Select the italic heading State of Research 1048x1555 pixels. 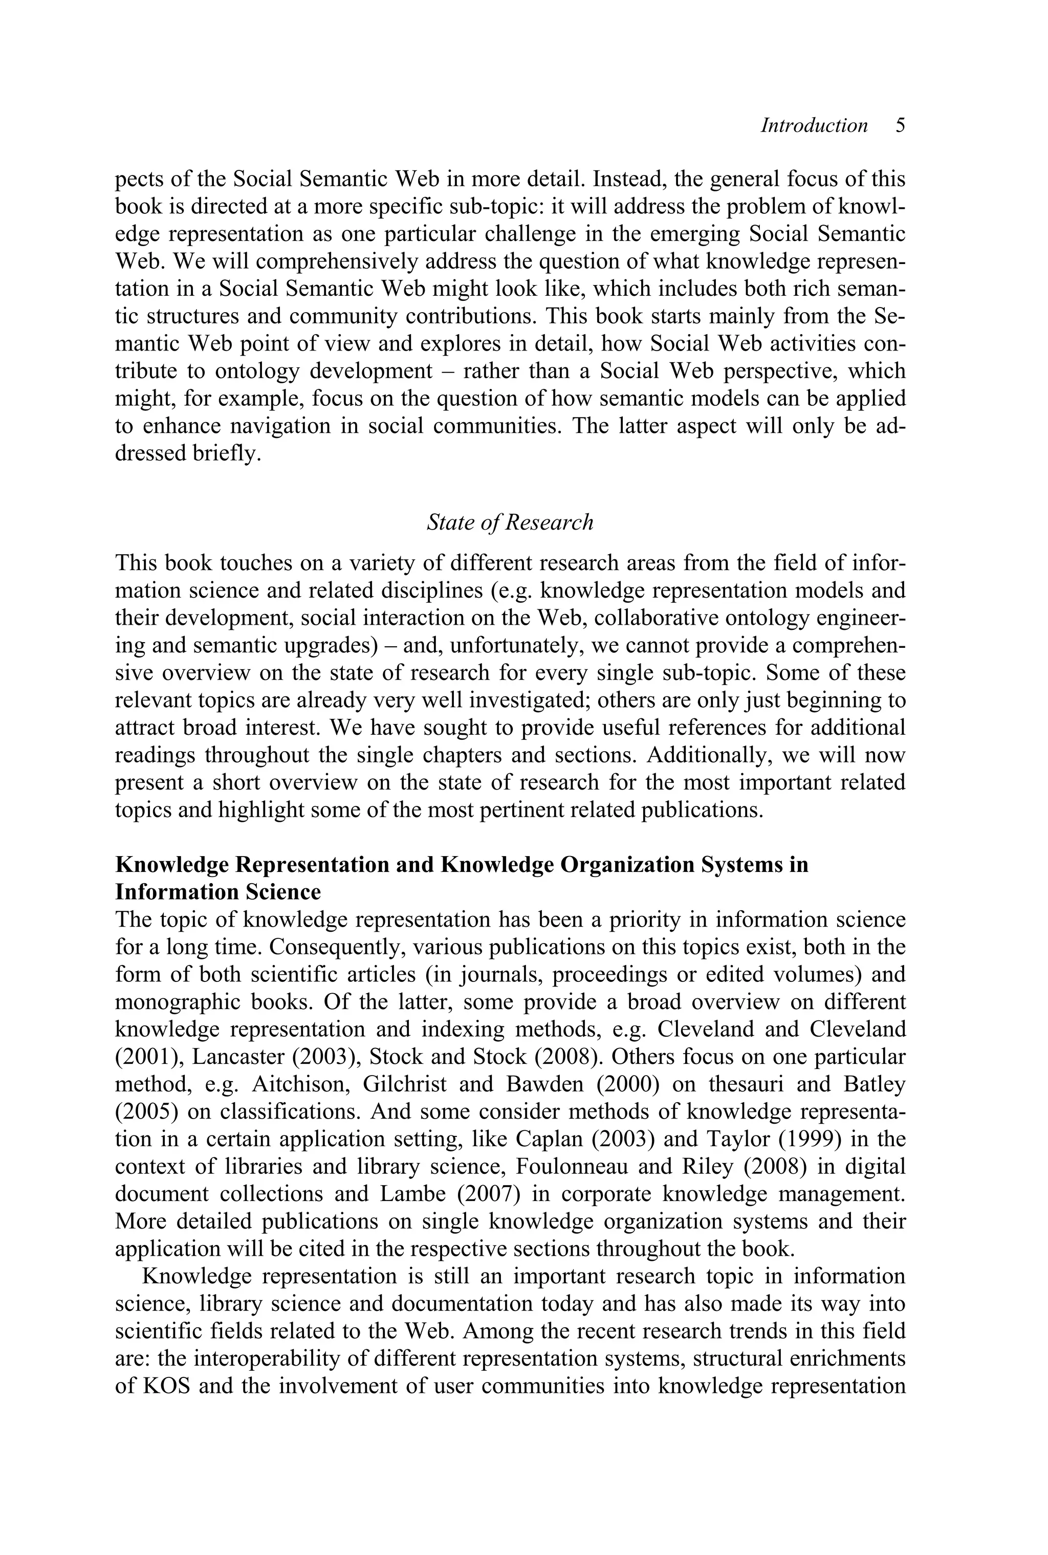pos(509,522)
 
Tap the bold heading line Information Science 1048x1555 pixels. pos(218,892)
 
